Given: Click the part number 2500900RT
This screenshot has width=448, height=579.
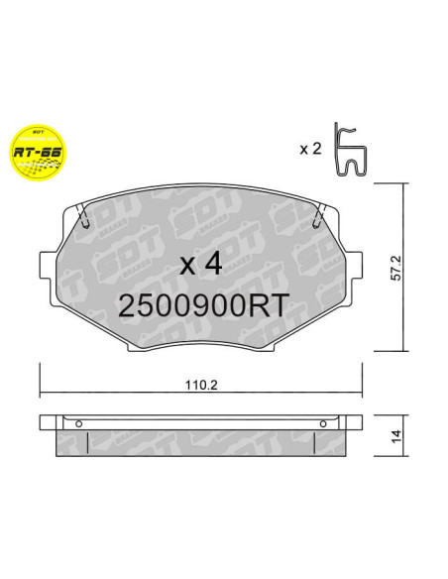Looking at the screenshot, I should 204,306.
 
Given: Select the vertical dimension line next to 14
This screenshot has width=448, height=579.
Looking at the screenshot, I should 403,434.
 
